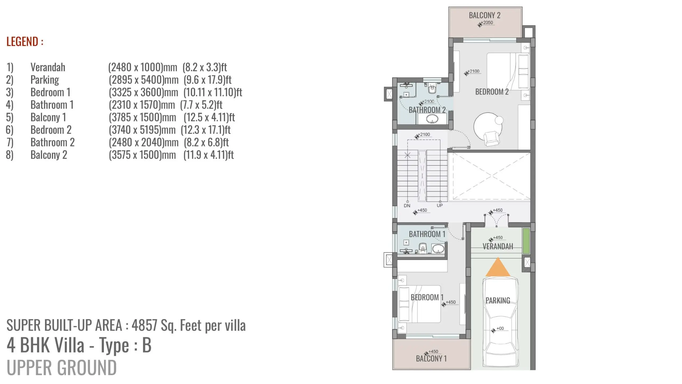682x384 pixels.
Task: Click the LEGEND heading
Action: [x=25, y=42]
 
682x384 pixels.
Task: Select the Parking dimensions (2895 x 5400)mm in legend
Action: [x=144, y=79]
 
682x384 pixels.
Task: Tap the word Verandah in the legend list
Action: [x=48, y=67]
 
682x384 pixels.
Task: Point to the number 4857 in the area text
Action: [x=144, y=325]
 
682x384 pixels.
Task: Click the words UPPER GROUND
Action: [x=62, y=367]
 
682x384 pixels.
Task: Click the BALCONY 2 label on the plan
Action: [x=485, y=15]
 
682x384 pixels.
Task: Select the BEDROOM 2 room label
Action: [x=492, y=92]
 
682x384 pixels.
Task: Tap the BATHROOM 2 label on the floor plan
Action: [x=427, y=110]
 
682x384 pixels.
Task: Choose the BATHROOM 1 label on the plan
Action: [x=427, y=234]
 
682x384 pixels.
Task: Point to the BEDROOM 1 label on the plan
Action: [x=427, y=297]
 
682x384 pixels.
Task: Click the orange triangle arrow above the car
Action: [x=498, y=267]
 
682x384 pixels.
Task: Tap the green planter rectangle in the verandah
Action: [x=526, y=241]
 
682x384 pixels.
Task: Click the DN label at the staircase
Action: [x=407, y=206]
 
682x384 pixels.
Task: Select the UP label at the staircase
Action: [x=440, y=205]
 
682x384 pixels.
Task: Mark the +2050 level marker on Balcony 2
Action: [x=486, y=23]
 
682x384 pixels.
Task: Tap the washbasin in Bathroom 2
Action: [x=432, y=119]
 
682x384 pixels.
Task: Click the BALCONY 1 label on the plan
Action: [x=431, y=358]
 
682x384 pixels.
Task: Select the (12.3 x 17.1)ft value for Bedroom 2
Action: [x=205, y=130]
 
